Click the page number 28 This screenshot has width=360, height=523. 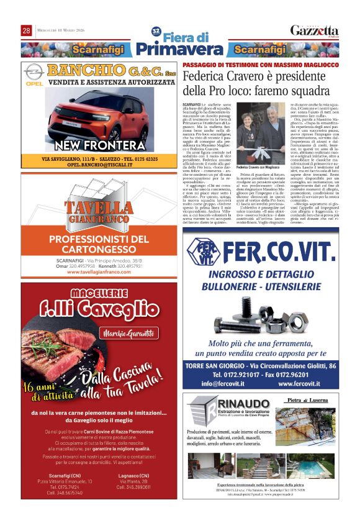[26, 30]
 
